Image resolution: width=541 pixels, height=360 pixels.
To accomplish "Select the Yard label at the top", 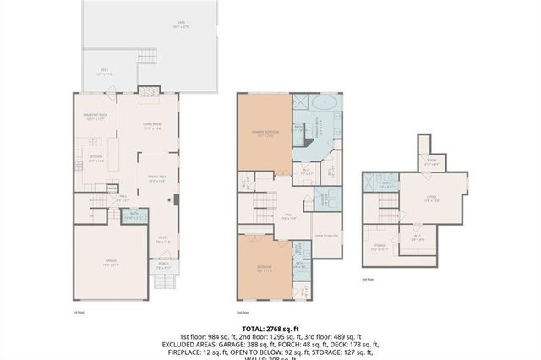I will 179,24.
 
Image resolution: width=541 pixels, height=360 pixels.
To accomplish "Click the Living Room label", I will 152,127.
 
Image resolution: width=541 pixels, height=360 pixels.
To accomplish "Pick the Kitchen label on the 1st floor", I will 96,157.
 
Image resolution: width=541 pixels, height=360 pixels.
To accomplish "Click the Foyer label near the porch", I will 164,239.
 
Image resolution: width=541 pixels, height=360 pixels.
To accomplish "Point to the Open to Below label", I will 325,236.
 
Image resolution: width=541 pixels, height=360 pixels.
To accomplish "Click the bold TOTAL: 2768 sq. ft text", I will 270,328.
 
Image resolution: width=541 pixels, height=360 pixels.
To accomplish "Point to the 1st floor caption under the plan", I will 78,312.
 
